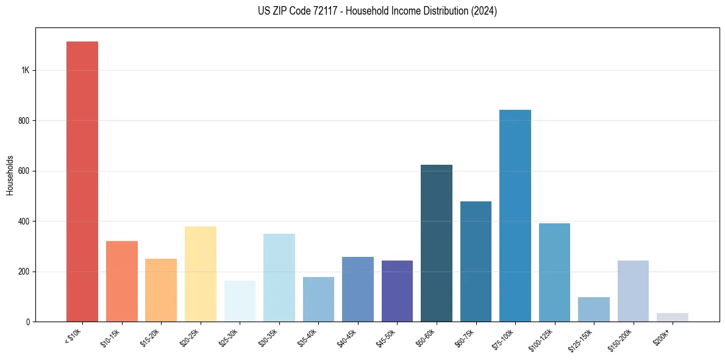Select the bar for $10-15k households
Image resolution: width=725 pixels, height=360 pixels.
[121, 281]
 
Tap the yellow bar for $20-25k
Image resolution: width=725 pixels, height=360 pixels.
[200, 274]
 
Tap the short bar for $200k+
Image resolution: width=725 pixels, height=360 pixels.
[672, 317]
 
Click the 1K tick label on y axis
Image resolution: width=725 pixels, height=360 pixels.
[26, 71]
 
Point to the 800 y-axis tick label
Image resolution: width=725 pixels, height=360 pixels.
[24, 121]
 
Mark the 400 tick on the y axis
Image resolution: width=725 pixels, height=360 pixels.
[24, 221]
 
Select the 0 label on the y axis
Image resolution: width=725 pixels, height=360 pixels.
[28, 322]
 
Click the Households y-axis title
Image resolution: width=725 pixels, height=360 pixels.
[10, 175]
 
